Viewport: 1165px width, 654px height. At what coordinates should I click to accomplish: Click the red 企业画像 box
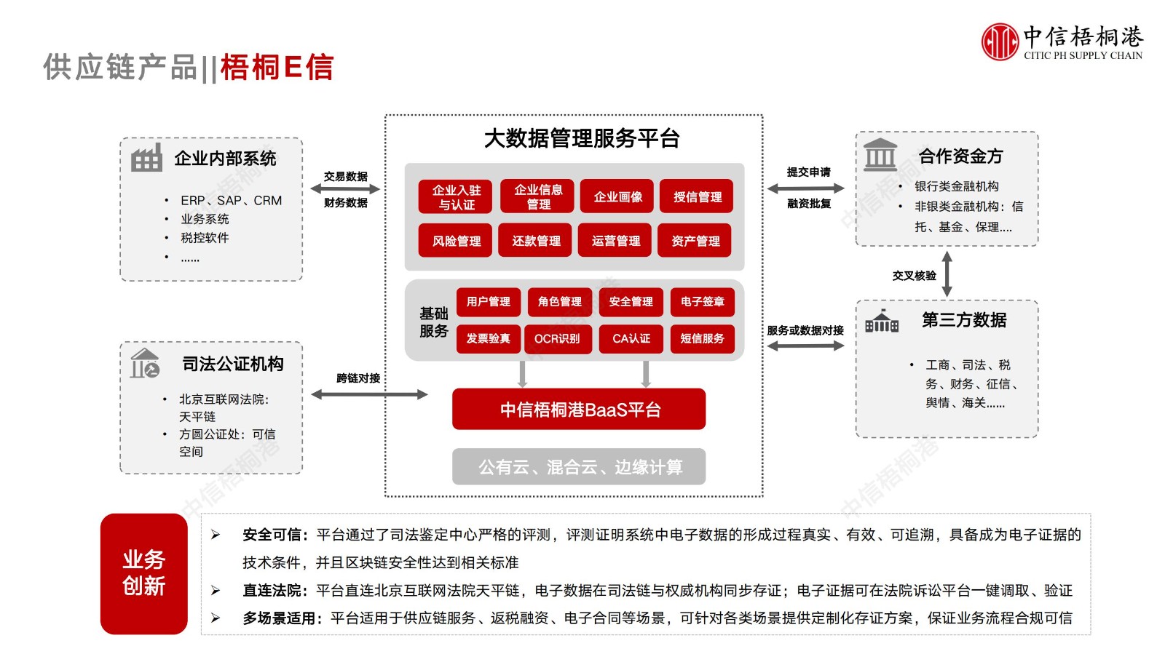click(x=617, y=196)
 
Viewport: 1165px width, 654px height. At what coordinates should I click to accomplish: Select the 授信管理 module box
click(x=697, y=196)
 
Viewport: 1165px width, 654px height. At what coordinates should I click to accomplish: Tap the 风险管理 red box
click(x=456, y=241)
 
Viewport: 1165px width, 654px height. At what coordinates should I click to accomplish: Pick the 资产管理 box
click(x=695, y=241)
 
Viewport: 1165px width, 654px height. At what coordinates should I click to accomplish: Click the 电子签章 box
click(x=702, y=301)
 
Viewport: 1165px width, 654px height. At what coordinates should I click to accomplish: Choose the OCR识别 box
click(x=557, y=338)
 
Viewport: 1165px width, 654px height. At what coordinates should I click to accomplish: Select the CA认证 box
click(x=631, y=338)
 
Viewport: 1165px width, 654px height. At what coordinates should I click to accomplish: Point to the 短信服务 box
click(x=702, y=338)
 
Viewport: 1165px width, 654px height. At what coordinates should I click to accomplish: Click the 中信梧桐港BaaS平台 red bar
click(x=579, y=410)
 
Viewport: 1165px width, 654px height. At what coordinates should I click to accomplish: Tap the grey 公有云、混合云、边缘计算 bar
click(x=579, y=466)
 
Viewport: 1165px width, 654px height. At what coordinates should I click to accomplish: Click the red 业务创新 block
click(x=143, y=573)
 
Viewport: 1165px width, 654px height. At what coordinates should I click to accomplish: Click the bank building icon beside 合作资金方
click(x=880, y=154)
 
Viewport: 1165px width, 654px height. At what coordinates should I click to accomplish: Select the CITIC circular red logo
click(x=999, y=41)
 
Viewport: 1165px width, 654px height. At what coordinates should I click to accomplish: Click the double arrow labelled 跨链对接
click(x=369, y=394)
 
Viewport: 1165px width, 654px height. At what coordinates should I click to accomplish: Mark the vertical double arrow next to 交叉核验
click(x=947, y=274)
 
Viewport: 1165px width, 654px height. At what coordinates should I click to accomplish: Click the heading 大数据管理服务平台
click(x=582, y=138)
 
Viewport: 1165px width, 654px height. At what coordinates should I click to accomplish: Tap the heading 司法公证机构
click(x=232, y=364)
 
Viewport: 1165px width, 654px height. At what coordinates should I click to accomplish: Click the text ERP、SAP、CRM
click(x=231, y=200)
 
